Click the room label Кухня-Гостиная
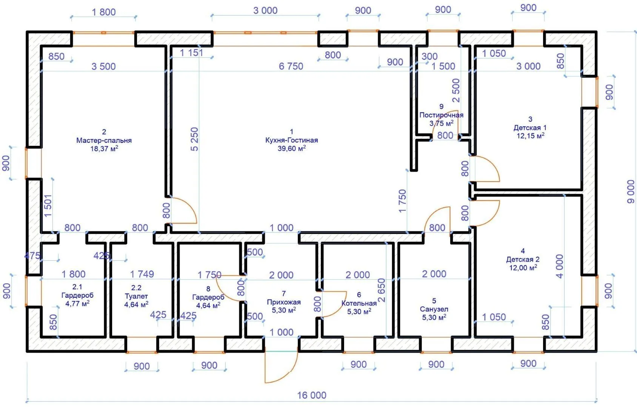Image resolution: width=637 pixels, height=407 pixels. click(x=291, y=140)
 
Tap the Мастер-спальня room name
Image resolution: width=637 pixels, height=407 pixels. click(x=104, y=140)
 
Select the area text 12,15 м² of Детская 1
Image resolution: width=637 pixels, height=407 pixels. click(x=530, y=135)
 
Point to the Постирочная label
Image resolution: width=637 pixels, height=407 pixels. click(x=442, y=115)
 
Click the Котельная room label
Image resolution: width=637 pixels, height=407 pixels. click(x=359, y=303)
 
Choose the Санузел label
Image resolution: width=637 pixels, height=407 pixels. click(x=434, y=309)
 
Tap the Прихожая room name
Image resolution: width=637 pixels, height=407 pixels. click(x=284, y=302)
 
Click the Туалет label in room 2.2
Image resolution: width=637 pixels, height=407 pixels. click(x=136, y=296)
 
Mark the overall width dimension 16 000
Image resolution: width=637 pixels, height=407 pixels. click(x=312, y=395)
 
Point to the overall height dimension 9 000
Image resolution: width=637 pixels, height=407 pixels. click(x=631, y=191)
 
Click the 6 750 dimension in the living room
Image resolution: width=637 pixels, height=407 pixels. click(x=291, y=66)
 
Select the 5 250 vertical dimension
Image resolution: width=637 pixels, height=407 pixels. click(x=194, y=139)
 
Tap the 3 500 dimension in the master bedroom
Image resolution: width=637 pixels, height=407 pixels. click(x=103, y=66)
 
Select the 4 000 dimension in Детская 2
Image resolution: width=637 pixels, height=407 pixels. click(x=559, y=266)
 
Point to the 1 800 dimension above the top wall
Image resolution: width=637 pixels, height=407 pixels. click(x=103, y=12)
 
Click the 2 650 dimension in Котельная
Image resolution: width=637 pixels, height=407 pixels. click(x=382, y=290)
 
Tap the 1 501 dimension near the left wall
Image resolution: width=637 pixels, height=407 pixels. click(x=48, y=205)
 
